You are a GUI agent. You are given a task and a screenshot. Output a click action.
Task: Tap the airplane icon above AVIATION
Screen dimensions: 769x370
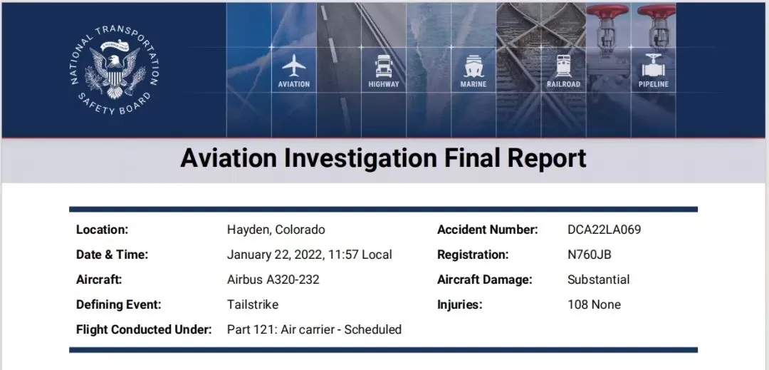294,66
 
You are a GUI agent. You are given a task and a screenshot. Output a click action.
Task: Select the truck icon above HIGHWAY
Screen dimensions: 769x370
384,66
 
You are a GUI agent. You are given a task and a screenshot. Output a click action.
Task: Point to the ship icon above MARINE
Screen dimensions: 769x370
474,66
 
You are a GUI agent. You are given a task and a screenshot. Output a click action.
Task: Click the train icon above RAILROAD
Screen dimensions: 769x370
563,66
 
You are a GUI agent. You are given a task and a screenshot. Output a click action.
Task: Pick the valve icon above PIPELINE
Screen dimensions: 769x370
653,66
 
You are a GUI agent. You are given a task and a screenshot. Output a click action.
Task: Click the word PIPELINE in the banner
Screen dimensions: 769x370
653,84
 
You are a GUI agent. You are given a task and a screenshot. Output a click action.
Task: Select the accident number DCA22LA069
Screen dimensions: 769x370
605,230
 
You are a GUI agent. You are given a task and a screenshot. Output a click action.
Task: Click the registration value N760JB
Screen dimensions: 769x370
590,255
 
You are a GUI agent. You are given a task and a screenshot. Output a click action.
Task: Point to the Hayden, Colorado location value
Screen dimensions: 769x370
276,230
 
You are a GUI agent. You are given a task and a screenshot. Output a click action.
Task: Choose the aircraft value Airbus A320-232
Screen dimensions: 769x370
273,279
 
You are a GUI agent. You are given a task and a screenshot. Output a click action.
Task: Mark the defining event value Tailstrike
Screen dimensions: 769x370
253,304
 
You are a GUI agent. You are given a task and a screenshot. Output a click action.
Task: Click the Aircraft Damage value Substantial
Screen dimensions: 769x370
598,279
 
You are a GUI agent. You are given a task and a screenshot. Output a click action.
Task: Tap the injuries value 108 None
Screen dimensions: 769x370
594,304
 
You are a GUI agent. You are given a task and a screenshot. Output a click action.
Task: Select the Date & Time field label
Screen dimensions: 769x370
112,255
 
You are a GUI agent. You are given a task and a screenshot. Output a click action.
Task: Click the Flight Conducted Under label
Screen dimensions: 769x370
144,330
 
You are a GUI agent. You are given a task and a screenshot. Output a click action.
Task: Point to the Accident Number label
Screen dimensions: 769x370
488,230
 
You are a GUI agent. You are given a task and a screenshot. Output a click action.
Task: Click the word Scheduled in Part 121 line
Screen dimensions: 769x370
372,330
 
